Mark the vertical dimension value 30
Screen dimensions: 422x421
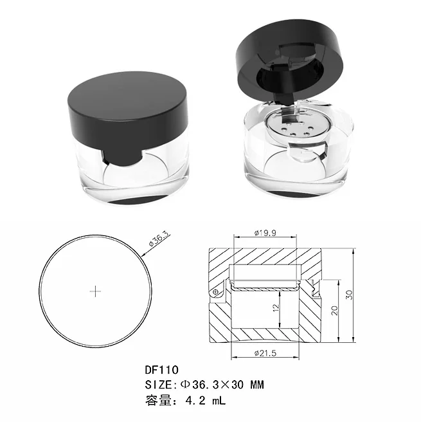pos(349,295)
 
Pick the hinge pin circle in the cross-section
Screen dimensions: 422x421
pos(217,291)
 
